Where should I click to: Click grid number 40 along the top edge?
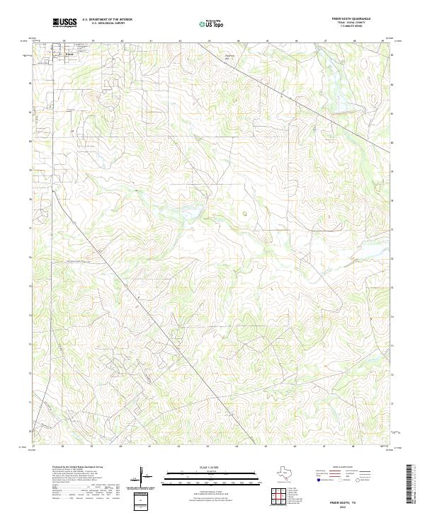(x=121, y=41)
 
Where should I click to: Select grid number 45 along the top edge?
(x=267, y=41)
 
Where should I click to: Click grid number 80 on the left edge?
(x=30, y=142)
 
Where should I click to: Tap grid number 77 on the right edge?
(x=393, y=229)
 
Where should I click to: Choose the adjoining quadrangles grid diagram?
(x=281, y=498)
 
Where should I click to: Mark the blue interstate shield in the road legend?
(x=317, y=480)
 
